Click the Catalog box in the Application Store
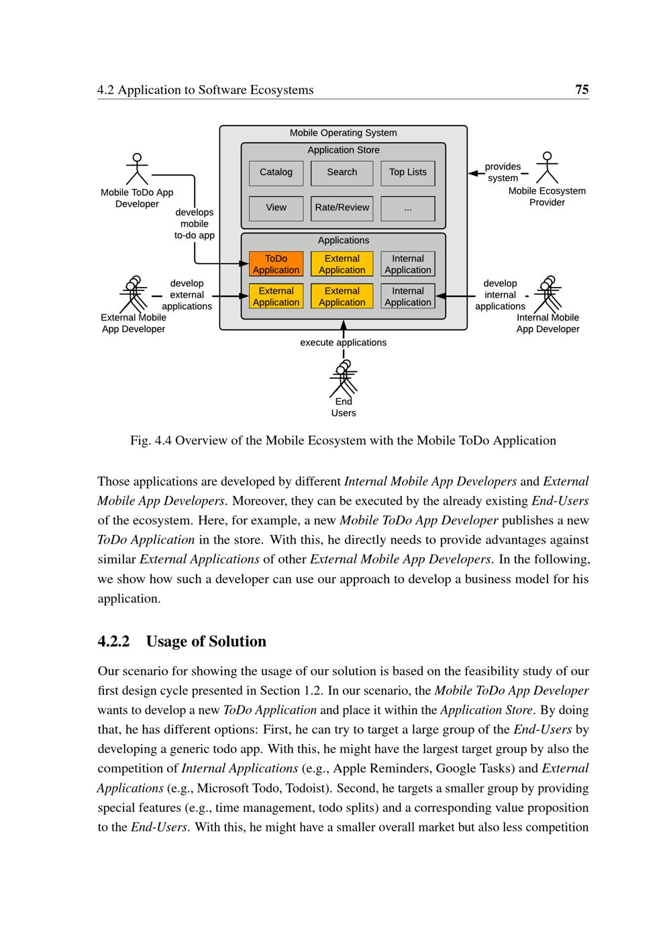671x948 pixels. (x=276, y=173)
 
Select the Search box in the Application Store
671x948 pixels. (x=342, y=173)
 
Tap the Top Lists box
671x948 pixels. (x=407, y=173)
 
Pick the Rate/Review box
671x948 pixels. (x=342, y=209)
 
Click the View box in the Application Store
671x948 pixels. (x=276, y=209)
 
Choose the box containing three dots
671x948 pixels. (x=407, y=209)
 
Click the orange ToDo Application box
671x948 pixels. (x=276, y=264)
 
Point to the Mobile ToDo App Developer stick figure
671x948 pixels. (x=137, y=169)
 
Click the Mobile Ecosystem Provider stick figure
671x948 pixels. (x=547, y=168)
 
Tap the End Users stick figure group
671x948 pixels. (x=343, y=379)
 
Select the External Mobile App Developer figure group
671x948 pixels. (x=134, y=294)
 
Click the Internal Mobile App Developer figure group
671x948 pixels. (x=548, y=294)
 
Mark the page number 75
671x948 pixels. (x=582, y=90)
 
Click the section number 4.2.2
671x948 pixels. (x=113, y=642)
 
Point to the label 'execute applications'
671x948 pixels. (x=343, y=343)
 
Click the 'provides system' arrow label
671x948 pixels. (x=503, y=172)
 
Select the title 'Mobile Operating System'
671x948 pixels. (x=343, y=133)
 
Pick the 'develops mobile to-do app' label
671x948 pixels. (x=195, y=224)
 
